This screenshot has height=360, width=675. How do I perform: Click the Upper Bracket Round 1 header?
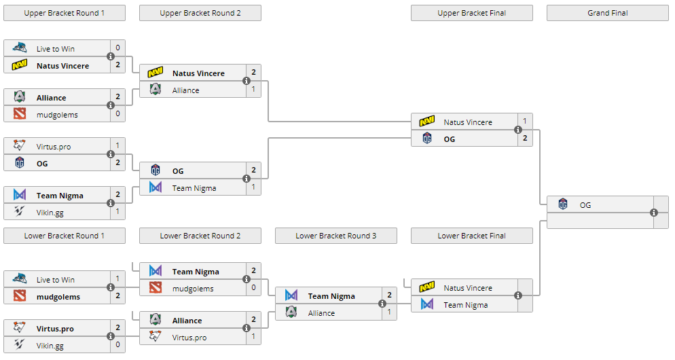(x=64, y=13)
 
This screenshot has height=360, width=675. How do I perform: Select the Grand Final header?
(x=607, y=13)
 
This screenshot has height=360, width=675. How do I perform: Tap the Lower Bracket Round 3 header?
(x=335, y=236)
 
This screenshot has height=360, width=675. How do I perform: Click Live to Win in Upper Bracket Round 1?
(x=56, y=49)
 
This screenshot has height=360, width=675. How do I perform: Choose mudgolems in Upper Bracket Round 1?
(x=57, y=115)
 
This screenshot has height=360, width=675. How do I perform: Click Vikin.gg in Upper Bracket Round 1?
(x=50, y=213)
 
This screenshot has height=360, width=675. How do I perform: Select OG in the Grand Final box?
(x=585, y=204)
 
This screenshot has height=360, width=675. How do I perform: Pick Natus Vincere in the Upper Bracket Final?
(x=468, y=122)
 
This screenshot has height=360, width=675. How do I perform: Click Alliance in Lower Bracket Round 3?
(x=321, y=313)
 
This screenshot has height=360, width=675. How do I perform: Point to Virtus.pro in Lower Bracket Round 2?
(x=189, y=338)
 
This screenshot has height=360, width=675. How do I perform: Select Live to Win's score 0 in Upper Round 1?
(x=117, y=48)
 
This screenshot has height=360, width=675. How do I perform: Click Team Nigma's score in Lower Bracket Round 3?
(x=389, y=295)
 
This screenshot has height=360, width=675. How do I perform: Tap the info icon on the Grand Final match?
(x=654, y=213)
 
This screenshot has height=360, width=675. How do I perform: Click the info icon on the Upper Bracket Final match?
(x=518, y=130)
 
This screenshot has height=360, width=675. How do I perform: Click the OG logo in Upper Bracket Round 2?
(x=156, y=170)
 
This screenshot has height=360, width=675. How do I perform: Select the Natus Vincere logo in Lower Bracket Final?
(x=427, y=287)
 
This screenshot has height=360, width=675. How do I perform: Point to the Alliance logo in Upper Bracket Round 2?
(x=156, y=90)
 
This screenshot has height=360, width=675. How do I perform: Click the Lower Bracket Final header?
(x=471, y=236)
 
